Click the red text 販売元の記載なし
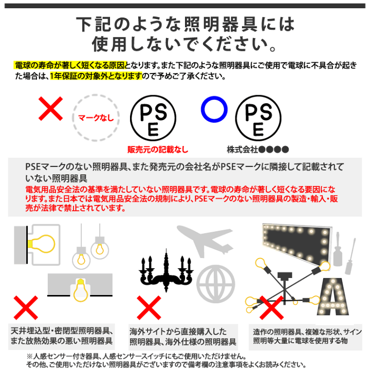pyautogui.click(x=158, y=150)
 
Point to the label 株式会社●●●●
pyautogui.click(x=258, y=150)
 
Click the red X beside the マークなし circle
pyautogui.click(x=51, y=107)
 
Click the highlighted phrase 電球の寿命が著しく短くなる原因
pyautogui.click(x=65, y=66)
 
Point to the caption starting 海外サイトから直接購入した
pyautogui.click(x=182, y=337)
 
